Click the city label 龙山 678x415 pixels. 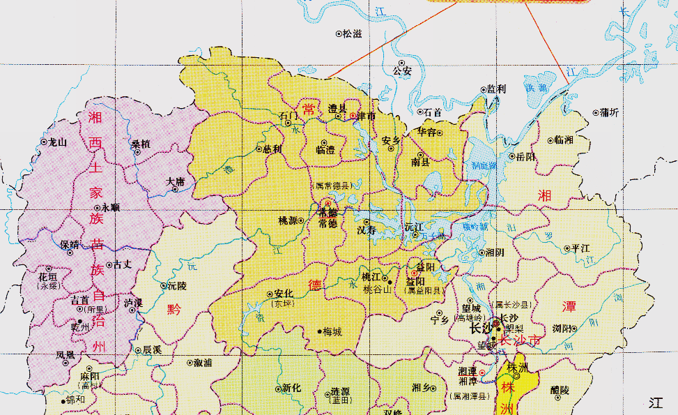coord(56,142)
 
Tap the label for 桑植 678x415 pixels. coord(140,144)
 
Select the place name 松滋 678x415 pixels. coord(352,33)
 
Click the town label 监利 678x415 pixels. coord(497,89)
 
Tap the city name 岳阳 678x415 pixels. coord(527,157)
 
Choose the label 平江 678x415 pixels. coord(580,248)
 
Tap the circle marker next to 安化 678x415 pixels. coord(270,294)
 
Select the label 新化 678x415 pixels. coord(291,388)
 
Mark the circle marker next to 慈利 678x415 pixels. coord(259,149)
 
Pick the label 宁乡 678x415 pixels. coord(440,321)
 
